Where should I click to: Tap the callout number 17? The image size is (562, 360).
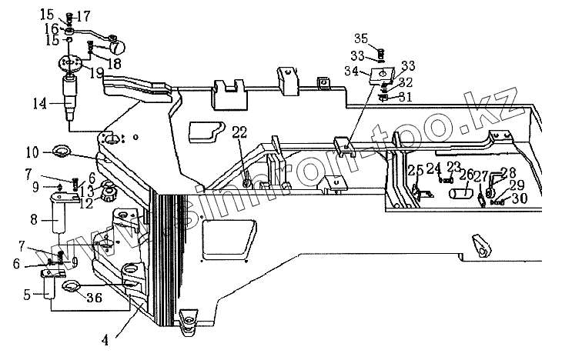[83, 15]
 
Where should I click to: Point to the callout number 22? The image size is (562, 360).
[240, 132]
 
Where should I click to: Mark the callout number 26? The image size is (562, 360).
[464, 175]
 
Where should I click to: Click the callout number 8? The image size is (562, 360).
[33, 219]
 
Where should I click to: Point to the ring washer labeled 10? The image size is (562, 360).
[63, 151]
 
